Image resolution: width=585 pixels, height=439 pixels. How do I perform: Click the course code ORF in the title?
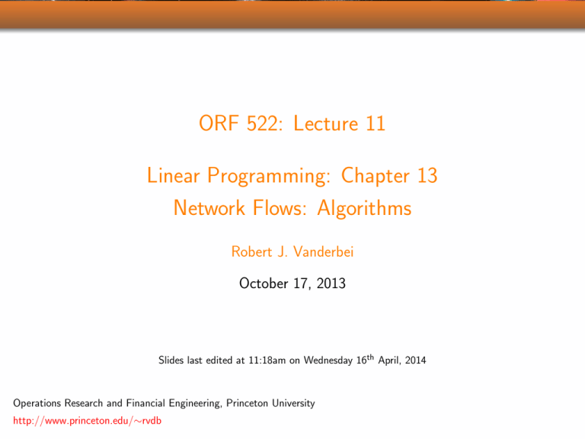tap(219, 123)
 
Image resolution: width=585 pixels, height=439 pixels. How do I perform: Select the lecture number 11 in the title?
tap(376, 123)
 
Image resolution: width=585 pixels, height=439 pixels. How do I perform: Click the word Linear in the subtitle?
tap(174, 175)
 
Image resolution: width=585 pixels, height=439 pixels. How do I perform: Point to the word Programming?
tap(269, 176)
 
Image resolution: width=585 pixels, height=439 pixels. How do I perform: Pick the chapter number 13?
tap(427, 175)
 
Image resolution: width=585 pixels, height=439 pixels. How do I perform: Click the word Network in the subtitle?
tap(209, 207)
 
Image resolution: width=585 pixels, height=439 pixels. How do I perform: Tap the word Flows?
tap(280, 207)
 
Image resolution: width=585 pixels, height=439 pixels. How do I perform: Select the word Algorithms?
tap(364, 209)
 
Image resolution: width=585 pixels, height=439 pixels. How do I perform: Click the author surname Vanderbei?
tap(324, 252)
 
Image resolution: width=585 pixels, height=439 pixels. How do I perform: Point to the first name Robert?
tap(252, 252)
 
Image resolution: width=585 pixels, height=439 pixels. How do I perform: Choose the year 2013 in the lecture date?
tap(331, 284)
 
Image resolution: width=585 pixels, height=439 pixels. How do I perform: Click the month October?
tap(264, 284)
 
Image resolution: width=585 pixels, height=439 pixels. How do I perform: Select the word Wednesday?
tap(328, 361)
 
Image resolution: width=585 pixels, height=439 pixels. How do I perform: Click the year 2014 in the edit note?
tap(416, 360)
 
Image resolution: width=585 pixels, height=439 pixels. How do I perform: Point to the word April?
tap(389, 360)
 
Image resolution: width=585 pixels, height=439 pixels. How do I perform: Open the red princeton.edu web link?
tap(88, 421)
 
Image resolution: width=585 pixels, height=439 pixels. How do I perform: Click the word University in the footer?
tap(293, 403)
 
